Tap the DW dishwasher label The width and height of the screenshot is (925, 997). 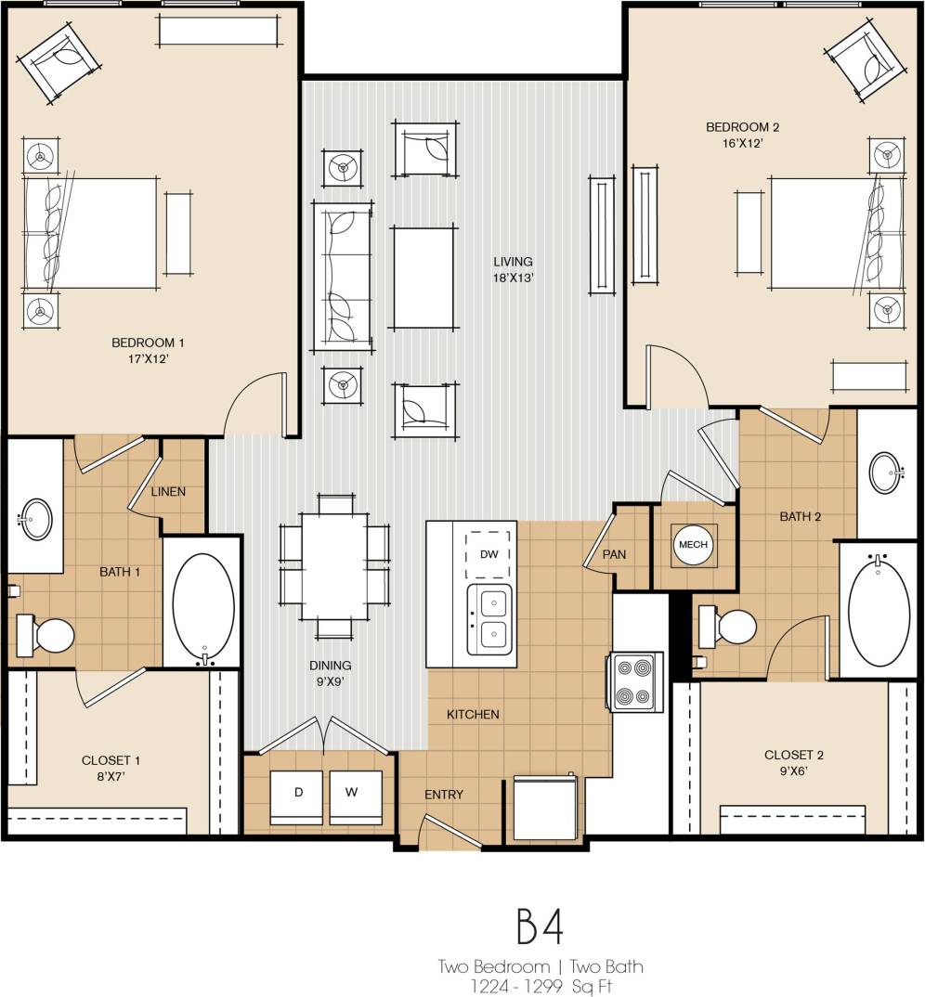point(488,554)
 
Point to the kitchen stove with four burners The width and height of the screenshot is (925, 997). point(635,681)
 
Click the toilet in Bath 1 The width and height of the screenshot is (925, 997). point(48,637)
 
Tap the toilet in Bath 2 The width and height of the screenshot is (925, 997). point(730,627)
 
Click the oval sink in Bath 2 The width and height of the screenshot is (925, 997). point(887,473)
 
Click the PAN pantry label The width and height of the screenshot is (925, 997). point(614,554)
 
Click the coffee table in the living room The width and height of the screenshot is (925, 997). point(424,277)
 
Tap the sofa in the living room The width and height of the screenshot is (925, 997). point(343,277)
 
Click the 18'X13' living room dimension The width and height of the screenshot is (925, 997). point(514,278)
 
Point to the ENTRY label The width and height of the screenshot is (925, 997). point(444,795)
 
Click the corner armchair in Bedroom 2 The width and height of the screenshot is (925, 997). point(865,62)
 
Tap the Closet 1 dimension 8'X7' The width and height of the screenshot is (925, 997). point(104,777)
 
